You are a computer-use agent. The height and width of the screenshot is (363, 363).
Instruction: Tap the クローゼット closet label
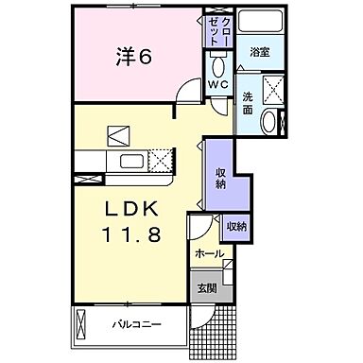[x=216, y=34]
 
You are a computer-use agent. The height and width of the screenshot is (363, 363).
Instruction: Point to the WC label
[x=218, y=84]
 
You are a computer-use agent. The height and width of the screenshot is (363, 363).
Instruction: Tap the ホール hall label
[x=209, y=254]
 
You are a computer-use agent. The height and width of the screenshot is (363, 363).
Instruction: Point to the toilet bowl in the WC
[x=218, y=66]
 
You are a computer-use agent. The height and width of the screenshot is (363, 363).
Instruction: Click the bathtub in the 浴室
[x=258, y=24]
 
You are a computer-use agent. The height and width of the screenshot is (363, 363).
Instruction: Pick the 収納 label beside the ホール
[x=235, y=226]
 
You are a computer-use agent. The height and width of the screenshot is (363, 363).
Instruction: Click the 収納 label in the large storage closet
[x=220, y=178]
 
